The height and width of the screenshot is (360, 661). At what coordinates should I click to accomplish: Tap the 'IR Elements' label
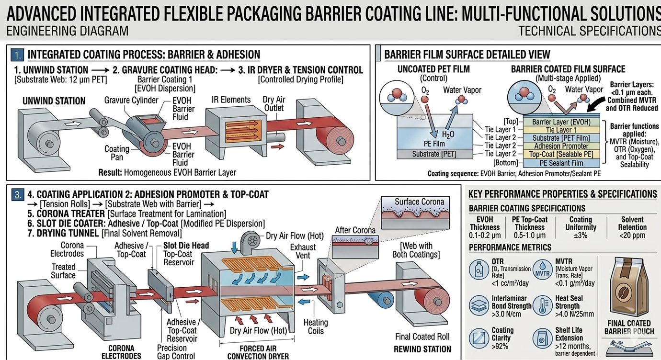point(231,100)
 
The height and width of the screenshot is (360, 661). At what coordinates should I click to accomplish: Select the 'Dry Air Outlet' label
point(274,104)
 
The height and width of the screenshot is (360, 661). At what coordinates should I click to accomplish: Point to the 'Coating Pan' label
point(117,153)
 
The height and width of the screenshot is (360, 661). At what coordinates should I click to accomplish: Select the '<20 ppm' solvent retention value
point(632,236)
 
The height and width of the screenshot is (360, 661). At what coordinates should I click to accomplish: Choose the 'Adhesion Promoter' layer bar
point(561,146)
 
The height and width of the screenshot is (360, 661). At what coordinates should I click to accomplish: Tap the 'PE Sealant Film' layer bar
point(561,163)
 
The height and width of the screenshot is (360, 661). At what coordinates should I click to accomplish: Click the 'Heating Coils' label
point(315,327)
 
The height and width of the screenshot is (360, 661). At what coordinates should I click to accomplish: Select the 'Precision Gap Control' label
point(176,352)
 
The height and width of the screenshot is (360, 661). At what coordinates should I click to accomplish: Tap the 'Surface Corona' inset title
point(419,202)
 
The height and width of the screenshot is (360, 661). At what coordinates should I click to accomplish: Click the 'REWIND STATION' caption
point(423,349)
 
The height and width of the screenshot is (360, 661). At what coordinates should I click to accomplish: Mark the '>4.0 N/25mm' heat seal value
point(575,314)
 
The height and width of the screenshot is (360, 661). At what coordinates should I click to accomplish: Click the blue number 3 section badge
point(18,194)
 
